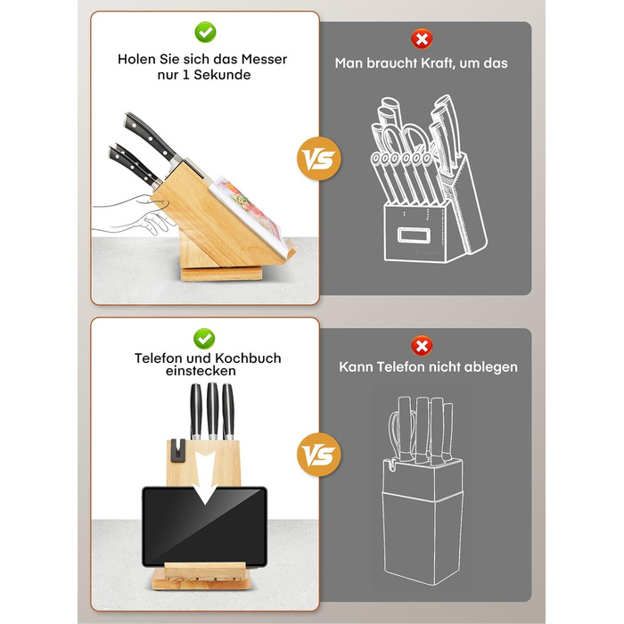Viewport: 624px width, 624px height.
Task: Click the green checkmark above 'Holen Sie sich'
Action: pos(205,32)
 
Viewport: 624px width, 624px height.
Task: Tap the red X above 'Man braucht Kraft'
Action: pos(422,39)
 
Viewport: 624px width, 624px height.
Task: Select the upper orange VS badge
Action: pos(319,159)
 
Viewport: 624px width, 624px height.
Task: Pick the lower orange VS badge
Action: pos(319,455)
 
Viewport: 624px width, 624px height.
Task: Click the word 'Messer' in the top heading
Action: pos(264,60)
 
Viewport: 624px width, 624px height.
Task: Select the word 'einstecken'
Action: pos(201,371)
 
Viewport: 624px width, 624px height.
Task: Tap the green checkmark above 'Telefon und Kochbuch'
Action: pos(204,339)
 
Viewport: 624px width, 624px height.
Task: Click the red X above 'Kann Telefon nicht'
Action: pos(422,346)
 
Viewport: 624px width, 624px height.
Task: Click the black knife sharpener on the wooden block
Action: pos(178,450)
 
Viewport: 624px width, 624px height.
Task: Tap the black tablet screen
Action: pos(204,526)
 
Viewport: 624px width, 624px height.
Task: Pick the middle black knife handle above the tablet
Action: pos(212,410)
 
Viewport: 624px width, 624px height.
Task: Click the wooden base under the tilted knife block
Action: pos(222,275)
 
